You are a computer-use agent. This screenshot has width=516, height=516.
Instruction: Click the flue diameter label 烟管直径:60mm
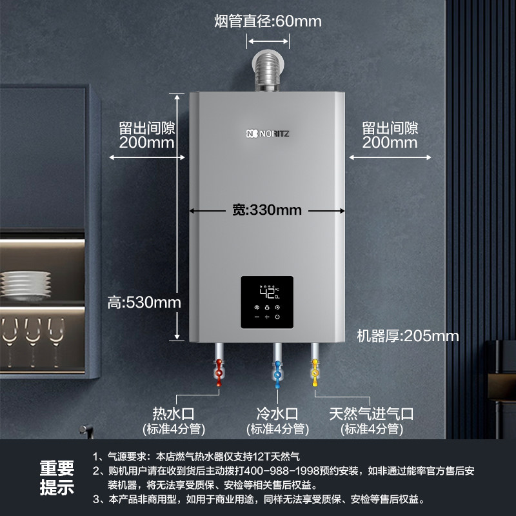(268, 21)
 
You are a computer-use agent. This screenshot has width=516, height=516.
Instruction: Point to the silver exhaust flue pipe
(268, 71)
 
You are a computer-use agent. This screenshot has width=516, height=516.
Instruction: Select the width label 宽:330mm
(267, 210)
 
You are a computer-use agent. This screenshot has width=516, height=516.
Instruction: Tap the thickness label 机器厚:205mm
(408, 335)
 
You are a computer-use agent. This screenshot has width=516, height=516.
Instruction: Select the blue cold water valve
(278, 374)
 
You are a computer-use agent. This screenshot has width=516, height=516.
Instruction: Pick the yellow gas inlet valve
(315, 374)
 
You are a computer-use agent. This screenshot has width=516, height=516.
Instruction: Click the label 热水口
(173, 413)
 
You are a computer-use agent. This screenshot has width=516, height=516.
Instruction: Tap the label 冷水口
(278, 413)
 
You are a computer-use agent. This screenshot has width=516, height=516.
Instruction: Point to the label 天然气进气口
(371, 413)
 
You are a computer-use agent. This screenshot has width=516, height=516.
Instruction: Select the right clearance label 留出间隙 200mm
(390, 135)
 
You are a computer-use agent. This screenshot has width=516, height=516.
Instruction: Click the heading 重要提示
(57, 477)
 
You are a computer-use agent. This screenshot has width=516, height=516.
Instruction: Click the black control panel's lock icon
(267, 308)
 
